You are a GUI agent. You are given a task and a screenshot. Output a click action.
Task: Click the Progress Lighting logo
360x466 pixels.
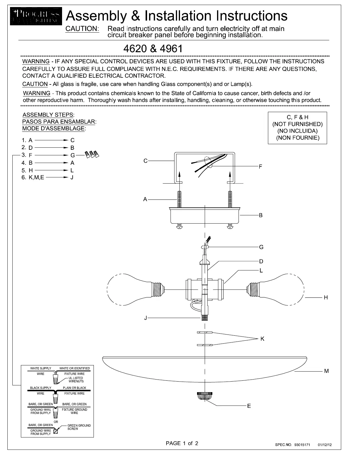pos(36,16)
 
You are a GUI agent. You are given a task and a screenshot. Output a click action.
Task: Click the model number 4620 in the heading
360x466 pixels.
pos(135,49)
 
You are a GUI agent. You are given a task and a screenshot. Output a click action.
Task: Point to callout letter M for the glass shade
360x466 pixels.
pos(326,371)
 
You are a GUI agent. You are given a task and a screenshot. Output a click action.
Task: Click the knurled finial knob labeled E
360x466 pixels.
pos(204,396)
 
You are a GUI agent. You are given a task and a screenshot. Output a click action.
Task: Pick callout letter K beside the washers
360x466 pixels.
pos(262,339)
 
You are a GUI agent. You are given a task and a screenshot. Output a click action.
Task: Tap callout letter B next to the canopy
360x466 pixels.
pos(261,215)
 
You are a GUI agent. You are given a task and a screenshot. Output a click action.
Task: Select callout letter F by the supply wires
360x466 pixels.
pos(261,167)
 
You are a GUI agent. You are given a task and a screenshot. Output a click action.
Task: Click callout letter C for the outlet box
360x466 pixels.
pos(145,161)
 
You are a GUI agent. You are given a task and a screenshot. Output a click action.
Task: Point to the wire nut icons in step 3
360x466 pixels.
pos(92,154)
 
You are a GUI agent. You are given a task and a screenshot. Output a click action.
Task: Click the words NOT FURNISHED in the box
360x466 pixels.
pos(297,124)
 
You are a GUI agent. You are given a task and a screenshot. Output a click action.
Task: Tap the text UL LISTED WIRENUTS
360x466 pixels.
pos(76,380)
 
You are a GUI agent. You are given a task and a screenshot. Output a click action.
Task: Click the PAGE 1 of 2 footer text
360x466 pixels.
pos(182,443)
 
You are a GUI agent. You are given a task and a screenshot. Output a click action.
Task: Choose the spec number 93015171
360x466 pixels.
pos(302,445)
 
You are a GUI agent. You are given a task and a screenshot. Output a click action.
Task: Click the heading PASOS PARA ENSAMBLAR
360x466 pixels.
pos(59,122)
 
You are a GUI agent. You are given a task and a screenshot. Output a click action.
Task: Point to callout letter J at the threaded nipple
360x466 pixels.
pos(145,318)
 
